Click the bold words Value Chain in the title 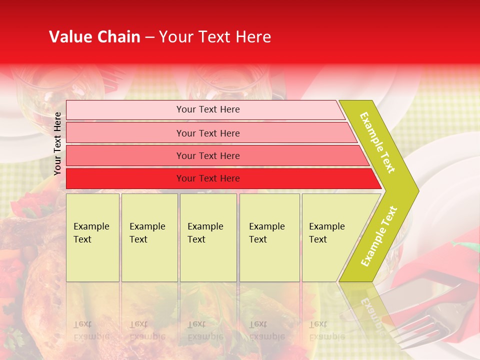click(94, 37)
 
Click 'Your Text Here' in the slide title click(215, 37)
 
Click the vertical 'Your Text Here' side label click(57, 143)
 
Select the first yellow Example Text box click(92, 237)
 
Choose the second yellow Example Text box click(149, 237)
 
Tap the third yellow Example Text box click(208, 237)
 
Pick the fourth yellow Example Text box click(269, 237)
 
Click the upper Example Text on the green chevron click(377, 142)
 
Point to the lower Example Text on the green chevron click(379, 236)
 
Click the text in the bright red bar click(208, 178)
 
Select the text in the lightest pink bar click(208, 109)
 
